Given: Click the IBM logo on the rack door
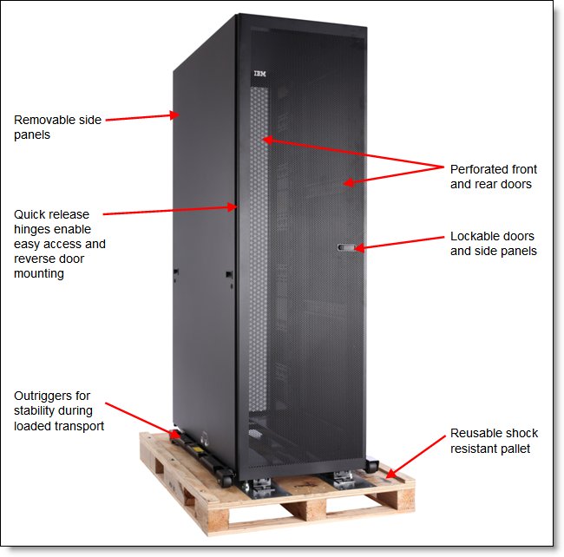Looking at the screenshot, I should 259,75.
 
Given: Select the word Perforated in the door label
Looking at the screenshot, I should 480,168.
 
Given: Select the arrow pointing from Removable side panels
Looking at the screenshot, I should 142,117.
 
